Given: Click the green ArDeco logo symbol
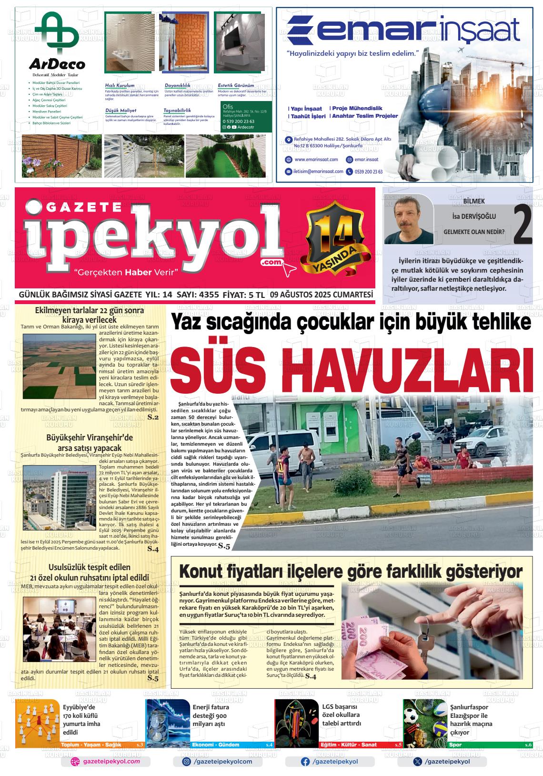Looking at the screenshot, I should click(57, 33).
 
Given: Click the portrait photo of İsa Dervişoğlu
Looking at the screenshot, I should click(408, 219).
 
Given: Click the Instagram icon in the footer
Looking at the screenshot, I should click(187, 762).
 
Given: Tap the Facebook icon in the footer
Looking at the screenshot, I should click(305, 762).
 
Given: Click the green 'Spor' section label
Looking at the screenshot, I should click(455, 745).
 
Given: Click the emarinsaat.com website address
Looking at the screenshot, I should click(316, 160).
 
